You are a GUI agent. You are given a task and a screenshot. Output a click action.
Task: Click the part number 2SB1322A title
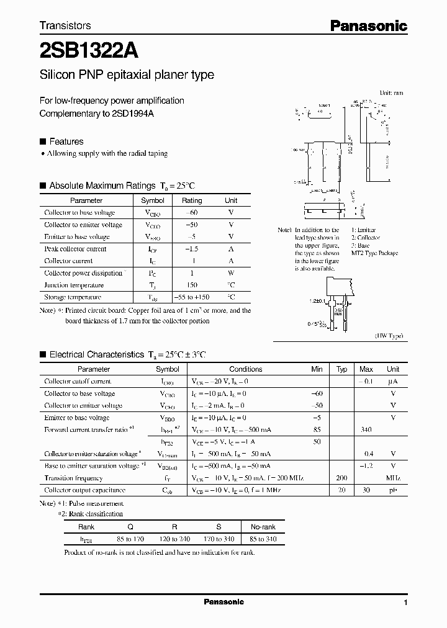click(89, 48)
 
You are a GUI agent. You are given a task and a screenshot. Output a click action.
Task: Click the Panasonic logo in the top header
click(368, 26)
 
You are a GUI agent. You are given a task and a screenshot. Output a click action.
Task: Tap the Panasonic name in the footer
click(224, 602)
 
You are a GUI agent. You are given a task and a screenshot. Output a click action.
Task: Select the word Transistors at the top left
click(65, 25)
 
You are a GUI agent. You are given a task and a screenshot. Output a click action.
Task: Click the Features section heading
click(66, 141)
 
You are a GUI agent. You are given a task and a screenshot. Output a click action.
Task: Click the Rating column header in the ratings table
click(191, 200)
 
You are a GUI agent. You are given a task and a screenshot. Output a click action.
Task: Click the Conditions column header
click(245, 369)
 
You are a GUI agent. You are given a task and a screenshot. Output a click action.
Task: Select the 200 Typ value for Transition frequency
click(341, 478)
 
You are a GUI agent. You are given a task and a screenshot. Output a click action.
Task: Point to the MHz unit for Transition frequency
click(393, 478)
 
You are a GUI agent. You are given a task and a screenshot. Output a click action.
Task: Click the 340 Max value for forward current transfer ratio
click(366, 429)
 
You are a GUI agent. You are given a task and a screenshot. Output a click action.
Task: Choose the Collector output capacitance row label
click(84, 490)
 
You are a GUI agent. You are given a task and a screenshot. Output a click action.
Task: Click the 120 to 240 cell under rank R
click(174, 539)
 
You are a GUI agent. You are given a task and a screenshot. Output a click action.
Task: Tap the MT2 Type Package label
click(374, 253)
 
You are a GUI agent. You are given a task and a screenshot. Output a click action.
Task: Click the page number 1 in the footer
click(405, 603)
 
